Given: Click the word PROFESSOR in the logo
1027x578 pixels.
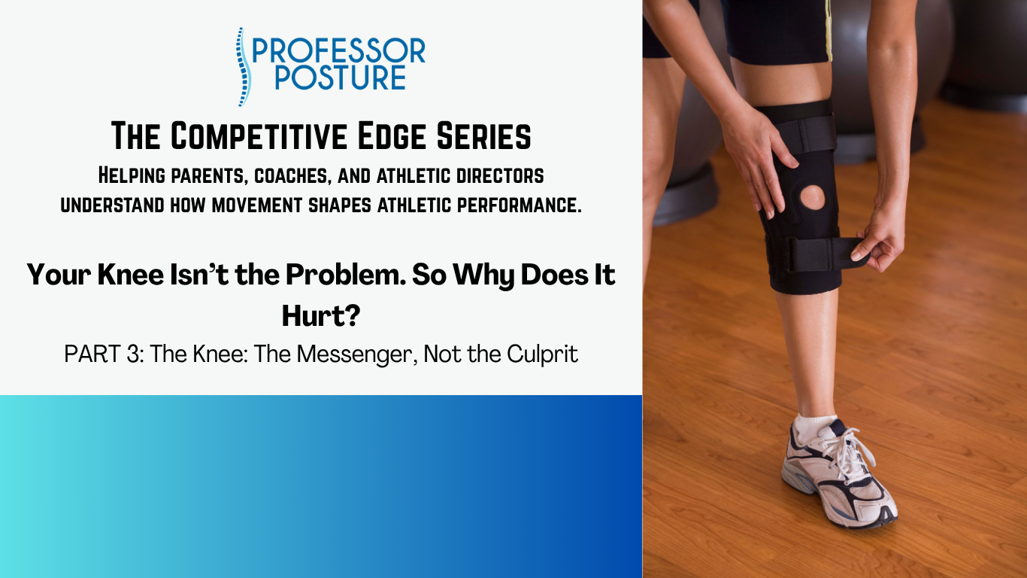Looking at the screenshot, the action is pyautogui.click(x=339, y=50).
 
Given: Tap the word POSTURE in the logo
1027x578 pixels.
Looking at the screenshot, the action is pyautogui.click(x=340, y=77).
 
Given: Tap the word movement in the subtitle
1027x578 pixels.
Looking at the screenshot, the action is pyautogui.click(x=257, y=205).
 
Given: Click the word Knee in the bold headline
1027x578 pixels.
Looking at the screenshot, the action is pyautogui.click(x=131, y=275).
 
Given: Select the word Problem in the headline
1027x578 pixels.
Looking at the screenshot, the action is pyautogui.click(x=346, y=275).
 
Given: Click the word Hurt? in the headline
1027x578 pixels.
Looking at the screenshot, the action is pyautogui.click(x=321, y=315).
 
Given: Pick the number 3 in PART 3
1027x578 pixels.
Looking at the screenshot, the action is pyautogui.click(x=132, y=354).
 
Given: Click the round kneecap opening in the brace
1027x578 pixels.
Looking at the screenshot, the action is pyautogui.click(x=813, y=198).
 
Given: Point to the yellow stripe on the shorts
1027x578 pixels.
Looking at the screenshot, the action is pyautogui.click(x=829, y=30).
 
